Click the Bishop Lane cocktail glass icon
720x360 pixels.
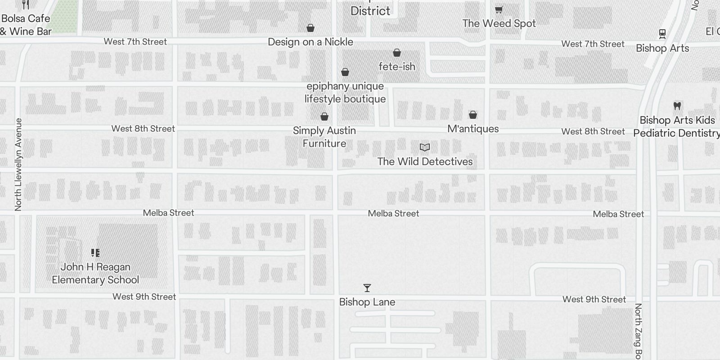tap(367, 288)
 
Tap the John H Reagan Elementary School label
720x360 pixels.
tap(95, 273)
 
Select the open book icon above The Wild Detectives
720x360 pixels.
tap(425, 148)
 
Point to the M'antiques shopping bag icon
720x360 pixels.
tap(473, 115)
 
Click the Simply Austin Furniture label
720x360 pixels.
tap(324, 137)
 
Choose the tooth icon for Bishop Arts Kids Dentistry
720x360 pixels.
tap(677, 106)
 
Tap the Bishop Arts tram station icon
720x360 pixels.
tap(662, 33)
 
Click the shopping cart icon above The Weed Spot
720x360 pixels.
tap(499, 9)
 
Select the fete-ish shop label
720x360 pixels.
tap(397, 67)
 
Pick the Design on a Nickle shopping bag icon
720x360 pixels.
tap(310, 28)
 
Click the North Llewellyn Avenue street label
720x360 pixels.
tap(18, 164)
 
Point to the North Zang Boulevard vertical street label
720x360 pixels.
tap(638, 331)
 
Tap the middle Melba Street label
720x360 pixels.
tap(393, 213)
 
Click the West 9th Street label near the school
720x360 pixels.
tap(144, 297)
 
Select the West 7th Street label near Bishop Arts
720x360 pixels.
tap(593, 44)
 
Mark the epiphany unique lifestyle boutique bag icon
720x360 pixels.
tap(345, 72)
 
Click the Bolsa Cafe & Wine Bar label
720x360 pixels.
tap(26, 25)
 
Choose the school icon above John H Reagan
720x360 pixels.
tap(95, 253)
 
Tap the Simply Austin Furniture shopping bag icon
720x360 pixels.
tap(324, 117)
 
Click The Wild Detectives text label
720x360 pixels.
tap(425, 162)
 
